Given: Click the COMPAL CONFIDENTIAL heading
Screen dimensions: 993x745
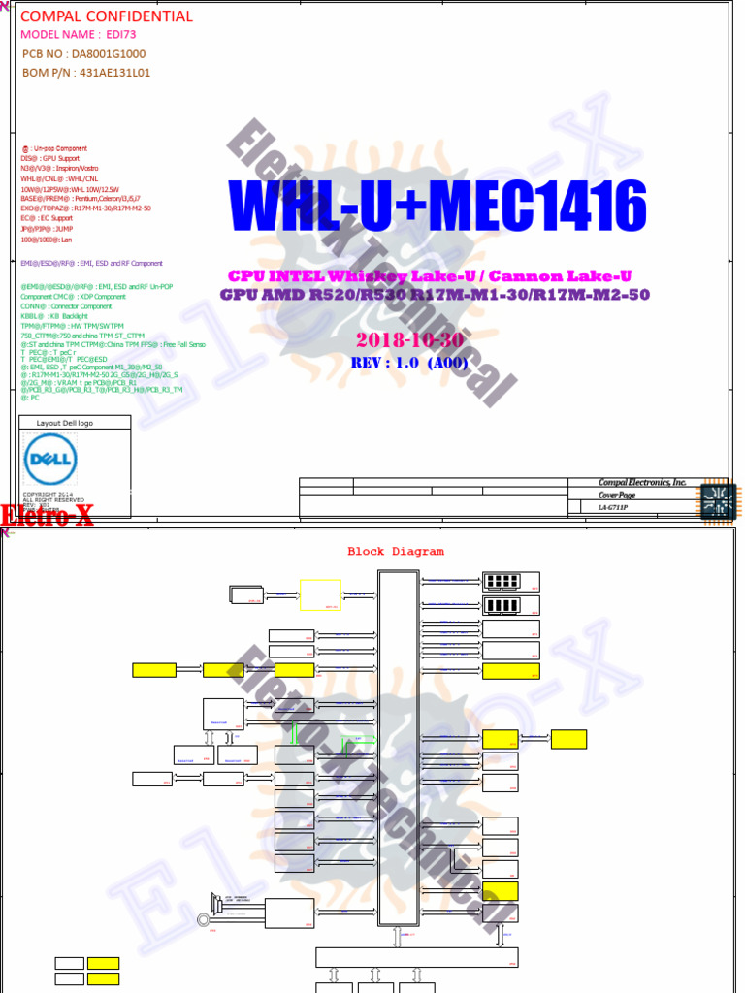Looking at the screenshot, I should pos(107,16).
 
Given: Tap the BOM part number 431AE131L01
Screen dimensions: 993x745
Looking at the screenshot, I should pos(114,73).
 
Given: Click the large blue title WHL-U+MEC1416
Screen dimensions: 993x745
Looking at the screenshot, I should pos(437,206).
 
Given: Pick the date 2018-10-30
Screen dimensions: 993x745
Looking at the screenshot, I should pos(410,340).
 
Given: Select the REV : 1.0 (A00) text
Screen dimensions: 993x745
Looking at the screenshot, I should pos(409,363).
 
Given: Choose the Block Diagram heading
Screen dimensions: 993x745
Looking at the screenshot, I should pos(396,552).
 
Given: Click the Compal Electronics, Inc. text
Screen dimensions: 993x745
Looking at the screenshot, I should pos(641,483).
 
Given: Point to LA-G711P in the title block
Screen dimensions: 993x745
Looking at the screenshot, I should pos(613,507).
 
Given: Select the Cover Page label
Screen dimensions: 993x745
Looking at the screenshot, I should pos(617,496).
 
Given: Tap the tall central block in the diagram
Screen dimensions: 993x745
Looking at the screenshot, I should pos(398,747).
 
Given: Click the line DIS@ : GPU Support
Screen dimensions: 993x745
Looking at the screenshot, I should pos(50,158).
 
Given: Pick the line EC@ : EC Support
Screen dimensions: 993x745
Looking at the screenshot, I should pos(47,218).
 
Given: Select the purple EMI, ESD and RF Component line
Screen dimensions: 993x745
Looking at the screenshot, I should pos(91,263).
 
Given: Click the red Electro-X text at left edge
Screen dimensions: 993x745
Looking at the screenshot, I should pos(48,517).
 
